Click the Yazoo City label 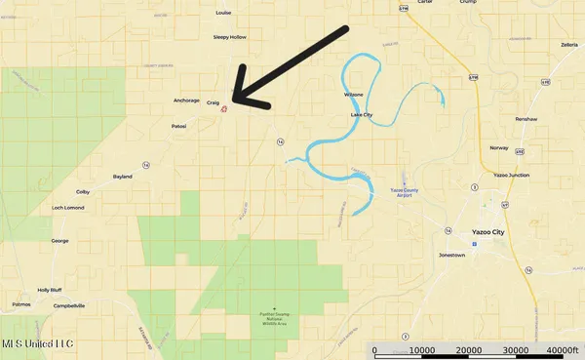tap(488, 232)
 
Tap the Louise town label tap(222, 14)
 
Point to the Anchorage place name tap(185, 100)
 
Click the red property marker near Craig tap(224, 109)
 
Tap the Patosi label tap(178, 125)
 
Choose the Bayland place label tap(122, 177)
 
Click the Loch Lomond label tap(68, 208)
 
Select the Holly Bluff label tap(49, 290)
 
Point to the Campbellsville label tap(68, 305)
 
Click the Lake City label tap(361, 115)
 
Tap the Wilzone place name tap(353, 95)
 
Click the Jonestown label tap(451, 254)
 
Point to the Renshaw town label tap(526, 117)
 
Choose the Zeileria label tap(569, 45)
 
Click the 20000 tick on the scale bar tap(470, 350)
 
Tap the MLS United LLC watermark tap(37, 343)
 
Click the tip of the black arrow tap(234, 100)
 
